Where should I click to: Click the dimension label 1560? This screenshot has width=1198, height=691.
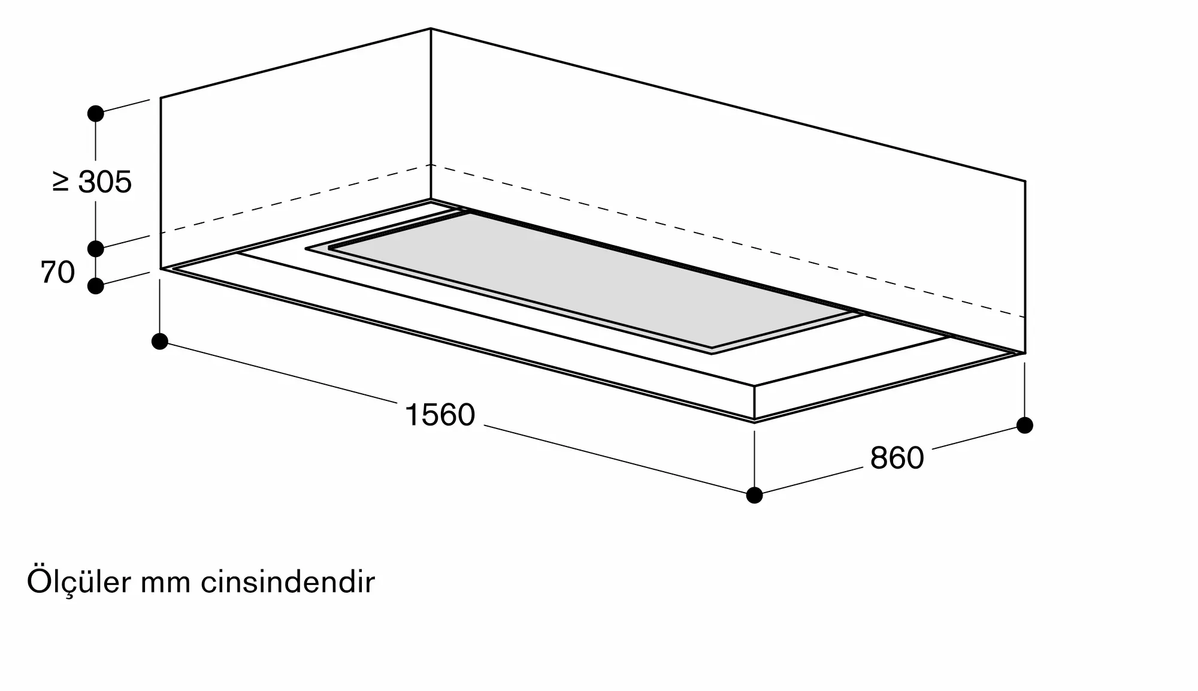coord(440,415)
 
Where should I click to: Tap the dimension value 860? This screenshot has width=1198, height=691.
coord(897,458)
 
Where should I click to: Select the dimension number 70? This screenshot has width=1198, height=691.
coord(58,272)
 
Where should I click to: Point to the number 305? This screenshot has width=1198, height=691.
coord(105,182)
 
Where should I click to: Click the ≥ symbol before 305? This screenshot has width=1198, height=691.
coord(60,182)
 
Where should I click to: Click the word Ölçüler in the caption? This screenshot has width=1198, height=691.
coord(78,582)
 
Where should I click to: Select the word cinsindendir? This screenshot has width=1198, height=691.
coord(288,582)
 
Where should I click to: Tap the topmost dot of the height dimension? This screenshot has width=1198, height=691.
coord(96,113)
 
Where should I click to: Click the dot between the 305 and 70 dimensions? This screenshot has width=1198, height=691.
coord(96,248)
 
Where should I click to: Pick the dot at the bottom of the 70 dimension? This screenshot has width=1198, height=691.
coord(96,286)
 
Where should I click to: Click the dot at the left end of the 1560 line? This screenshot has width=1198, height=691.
coord(160,342)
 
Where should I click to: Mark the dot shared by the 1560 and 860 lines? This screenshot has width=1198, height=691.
coord(754,496)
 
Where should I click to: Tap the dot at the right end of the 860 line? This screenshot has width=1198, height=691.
coord(1025,426)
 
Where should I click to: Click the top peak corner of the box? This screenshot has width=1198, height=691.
coord(431,28)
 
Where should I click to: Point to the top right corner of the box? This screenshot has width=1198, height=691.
coord(1025,181)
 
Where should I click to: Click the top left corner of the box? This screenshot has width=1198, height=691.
coord(161,98)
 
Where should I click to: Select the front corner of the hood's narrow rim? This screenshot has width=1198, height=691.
coord(754,421)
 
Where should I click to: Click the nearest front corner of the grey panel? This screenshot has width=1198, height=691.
coord(712,352)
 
